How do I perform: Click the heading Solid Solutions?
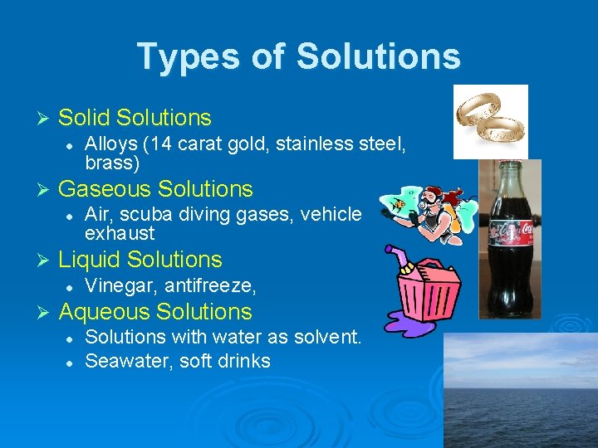click(135, 118)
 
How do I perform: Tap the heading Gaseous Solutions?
click(155, 189)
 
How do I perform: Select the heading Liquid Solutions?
click(140, 260)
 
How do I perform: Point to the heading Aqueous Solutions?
click(155, 312)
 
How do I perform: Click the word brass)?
click(112, 163)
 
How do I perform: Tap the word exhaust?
click(120, 233)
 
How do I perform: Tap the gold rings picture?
click(490, 121)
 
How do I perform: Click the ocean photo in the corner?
click(520, 390)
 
